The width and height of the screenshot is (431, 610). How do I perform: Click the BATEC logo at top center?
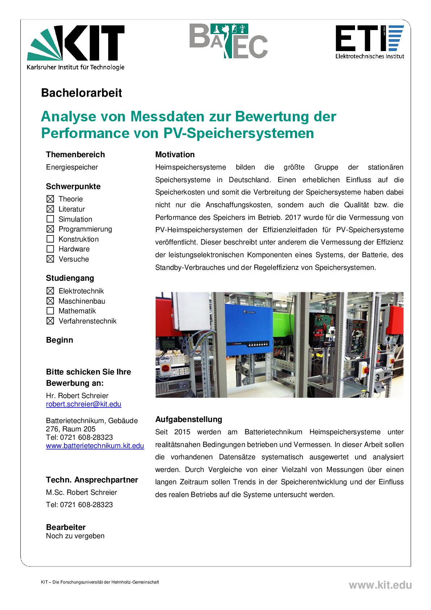(228, 41)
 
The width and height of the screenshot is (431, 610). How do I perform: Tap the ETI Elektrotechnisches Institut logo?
(369, 42)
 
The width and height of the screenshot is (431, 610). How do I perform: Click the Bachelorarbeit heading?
(81, 93)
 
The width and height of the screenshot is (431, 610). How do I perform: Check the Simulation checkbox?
(50, 219)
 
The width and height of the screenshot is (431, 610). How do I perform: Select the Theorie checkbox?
(50, 199)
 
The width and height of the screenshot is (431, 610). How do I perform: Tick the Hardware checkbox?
(50, 249)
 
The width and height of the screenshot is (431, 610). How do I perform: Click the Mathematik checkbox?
(50, 311)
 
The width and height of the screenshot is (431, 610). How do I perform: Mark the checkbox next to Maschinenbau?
(50, 301)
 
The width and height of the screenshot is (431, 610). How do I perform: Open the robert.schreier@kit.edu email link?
(84, 404)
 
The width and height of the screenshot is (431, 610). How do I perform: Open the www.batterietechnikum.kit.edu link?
(95, 446)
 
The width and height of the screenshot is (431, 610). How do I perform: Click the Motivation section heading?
(175, 155)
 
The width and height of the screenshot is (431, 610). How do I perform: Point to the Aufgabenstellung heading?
(189, 419)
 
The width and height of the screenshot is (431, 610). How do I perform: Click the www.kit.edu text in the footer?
(380, 585)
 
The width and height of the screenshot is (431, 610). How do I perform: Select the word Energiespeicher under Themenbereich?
(72, 167)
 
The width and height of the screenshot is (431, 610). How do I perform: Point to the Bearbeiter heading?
(66, 527)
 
